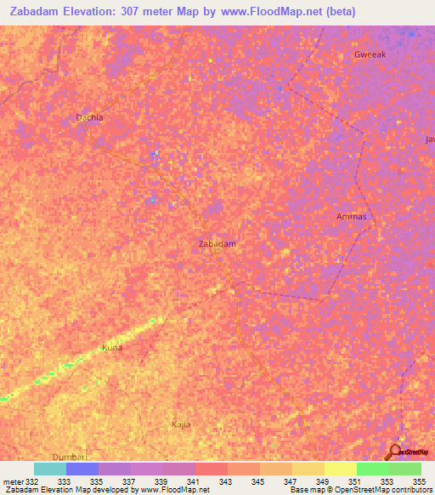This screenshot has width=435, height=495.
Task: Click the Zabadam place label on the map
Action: coord(217,244)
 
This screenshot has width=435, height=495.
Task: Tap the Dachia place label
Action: coord(89,118)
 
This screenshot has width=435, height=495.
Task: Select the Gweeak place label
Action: coord(370,54)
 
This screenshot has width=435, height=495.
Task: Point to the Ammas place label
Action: coord(351,216)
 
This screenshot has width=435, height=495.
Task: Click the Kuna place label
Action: coord(112,348)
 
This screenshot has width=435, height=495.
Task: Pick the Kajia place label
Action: coord(181,424)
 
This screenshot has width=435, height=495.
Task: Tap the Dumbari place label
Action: coord(70,457)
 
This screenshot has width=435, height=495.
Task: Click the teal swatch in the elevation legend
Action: coord(50,469)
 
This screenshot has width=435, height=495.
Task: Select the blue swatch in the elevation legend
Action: coord(82,469)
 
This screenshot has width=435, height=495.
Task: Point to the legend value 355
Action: coord(418,482)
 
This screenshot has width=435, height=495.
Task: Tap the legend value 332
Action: coord(32,482)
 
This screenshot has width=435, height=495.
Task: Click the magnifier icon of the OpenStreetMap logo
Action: coord(394,451)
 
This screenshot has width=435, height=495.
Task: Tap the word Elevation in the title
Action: coord(93,11)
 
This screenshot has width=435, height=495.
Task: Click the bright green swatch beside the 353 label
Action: coord(372,469)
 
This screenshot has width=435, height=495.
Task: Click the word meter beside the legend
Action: coord(13,482)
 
